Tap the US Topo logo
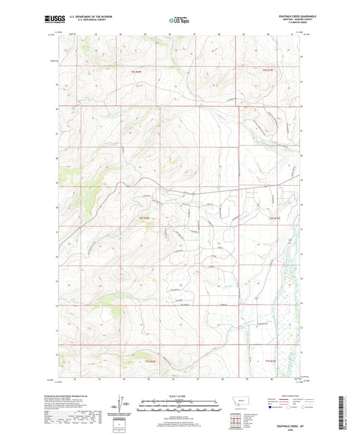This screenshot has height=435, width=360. [x=178, y=20]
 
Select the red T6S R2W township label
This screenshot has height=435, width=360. [x=143, y=217]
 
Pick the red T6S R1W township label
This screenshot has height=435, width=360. [x=274, y=217]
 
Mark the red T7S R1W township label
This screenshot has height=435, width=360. [x=271, y=360]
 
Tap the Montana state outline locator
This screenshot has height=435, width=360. [x=240, y=406]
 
